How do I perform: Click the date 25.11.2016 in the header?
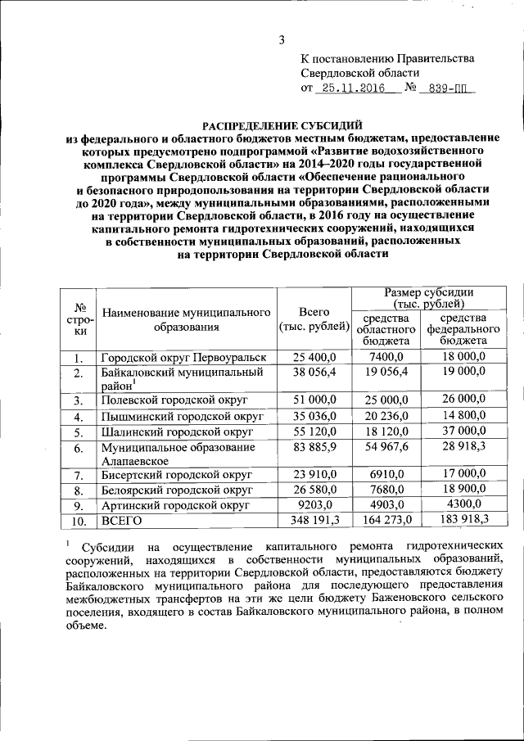pos(353,88)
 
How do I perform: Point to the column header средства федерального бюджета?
pos(463,328)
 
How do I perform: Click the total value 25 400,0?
pos(314,357)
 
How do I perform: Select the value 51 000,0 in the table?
pos(314,400)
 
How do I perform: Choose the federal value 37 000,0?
pos(463,431)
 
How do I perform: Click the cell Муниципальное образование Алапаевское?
pos(177,454)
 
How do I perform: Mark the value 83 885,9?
pos(314,447)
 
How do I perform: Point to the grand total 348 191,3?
pos(314,521)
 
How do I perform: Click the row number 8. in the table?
pos(79,490)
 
